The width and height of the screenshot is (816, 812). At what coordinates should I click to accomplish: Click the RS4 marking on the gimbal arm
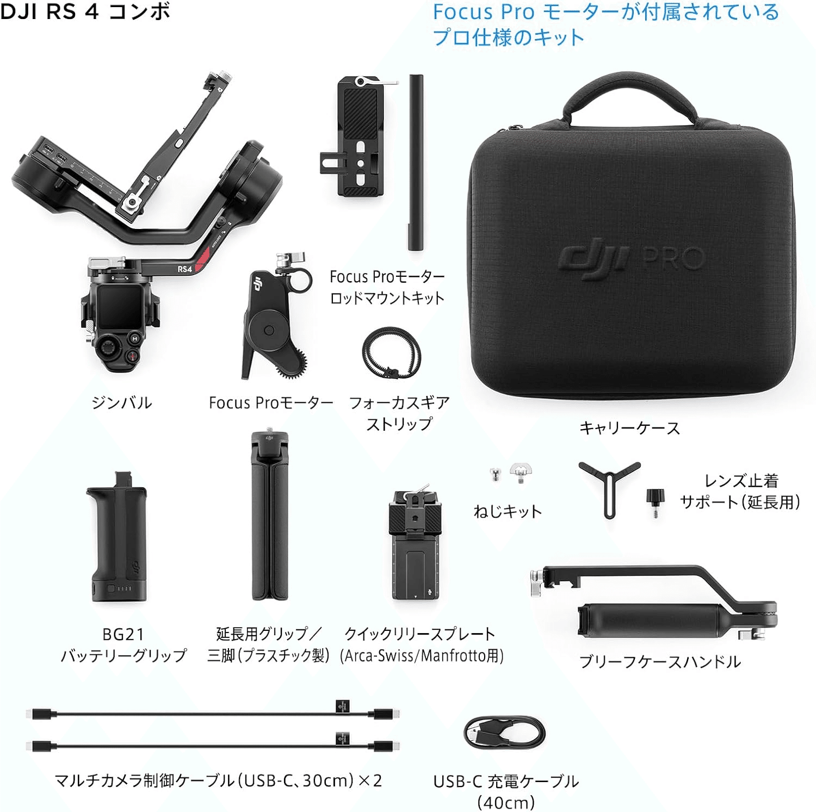tap(185, 269)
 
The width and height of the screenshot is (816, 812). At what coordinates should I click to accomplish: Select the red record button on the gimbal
tap(133, 356)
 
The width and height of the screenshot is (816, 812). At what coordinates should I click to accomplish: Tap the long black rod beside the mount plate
tap(416, 162)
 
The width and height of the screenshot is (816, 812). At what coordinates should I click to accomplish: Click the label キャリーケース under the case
tap(629, 428)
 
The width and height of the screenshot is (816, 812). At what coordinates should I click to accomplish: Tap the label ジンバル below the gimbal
tap(121, 403)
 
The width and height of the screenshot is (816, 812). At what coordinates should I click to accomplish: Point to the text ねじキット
tap(508, 511)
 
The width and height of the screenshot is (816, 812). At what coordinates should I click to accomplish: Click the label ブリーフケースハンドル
tap(660, 662)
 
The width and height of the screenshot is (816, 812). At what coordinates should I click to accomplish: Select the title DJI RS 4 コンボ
tap(85, 11)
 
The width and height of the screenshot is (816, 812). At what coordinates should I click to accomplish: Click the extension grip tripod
tap(269, 516)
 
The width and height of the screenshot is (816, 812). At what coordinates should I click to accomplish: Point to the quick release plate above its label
tap(416, 542)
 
